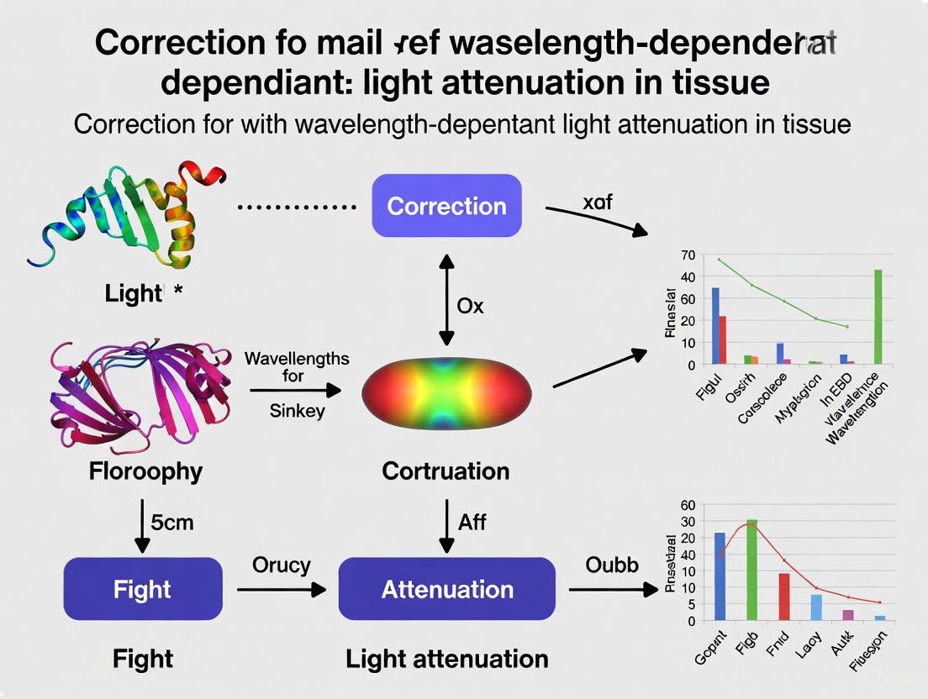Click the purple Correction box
click(446, 206)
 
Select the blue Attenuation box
click(446, 589)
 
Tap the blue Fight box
click(143, 589)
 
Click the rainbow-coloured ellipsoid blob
click(446, 392)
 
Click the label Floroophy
click(145, 471)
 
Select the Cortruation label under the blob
click(446, 471)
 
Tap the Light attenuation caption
click(446, 659)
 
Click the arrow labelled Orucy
click(281, 591)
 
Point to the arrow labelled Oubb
click(613, 590)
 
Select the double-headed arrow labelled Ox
click(446, 304)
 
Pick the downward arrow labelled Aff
click(446, 523)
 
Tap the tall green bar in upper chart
click(878, 318)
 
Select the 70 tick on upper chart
click(688, 255)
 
